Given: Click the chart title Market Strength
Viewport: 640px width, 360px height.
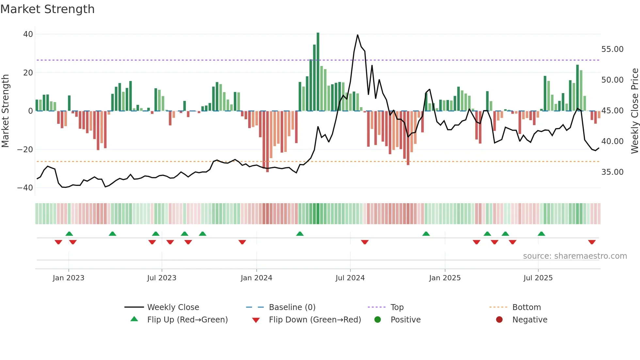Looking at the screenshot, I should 47,9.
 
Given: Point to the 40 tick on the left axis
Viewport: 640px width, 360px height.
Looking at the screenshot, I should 28,34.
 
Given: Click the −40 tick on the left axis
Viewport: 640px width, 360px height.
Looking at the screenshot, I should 25,188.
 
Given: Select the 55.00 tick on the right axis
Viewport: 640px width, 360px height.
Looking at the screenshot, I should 612,49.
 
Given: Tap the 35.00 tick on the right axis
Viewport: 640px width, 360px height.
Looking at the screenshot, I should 612,172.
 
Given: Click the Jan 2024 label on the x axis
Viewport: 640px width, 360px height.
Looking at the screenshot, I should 256,278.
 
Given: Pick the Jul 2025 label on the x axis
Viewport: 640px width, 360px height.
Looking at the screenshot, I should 538,278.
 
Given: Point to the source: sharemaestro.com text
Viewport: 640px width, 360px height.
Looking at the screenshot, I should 575,256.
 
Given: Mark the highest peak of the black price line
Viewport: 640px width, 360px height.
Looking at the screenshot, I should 358,35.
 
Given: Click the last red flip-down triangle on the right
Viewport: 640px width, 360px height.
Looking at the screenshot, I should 592,242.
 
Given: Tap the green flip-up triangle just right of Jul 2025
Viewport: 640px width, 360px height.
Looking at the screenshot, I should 541,234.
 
